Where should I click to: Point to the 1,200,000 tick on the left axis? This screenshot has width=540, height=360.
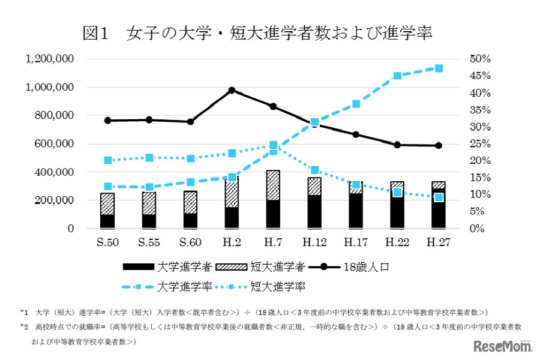coord(50,59)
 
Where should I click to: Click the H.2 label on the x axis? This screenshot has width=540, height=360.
coord(232,243)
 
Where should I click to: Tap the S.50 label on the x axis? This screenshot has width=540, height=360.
coord(107,243)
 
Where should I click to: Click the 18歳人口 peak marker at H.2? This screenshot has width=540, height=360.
coord(232,91)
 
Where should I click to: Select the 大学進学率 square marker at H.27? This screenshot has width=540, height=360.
coord(439,68)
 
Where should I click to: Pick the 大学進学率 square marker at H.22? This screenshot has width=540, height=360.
coord(397,76)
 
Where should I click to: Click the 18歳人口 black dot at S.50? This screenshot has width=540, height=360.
coord(107,121)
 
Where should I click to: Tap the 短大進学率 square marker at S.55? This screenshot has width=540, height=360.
coord(149,157)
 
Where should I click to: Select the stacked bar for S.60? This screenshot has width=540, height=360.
coord(190,209)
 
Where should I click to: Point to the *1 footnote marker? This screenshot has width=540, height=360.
coord(24,312)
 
